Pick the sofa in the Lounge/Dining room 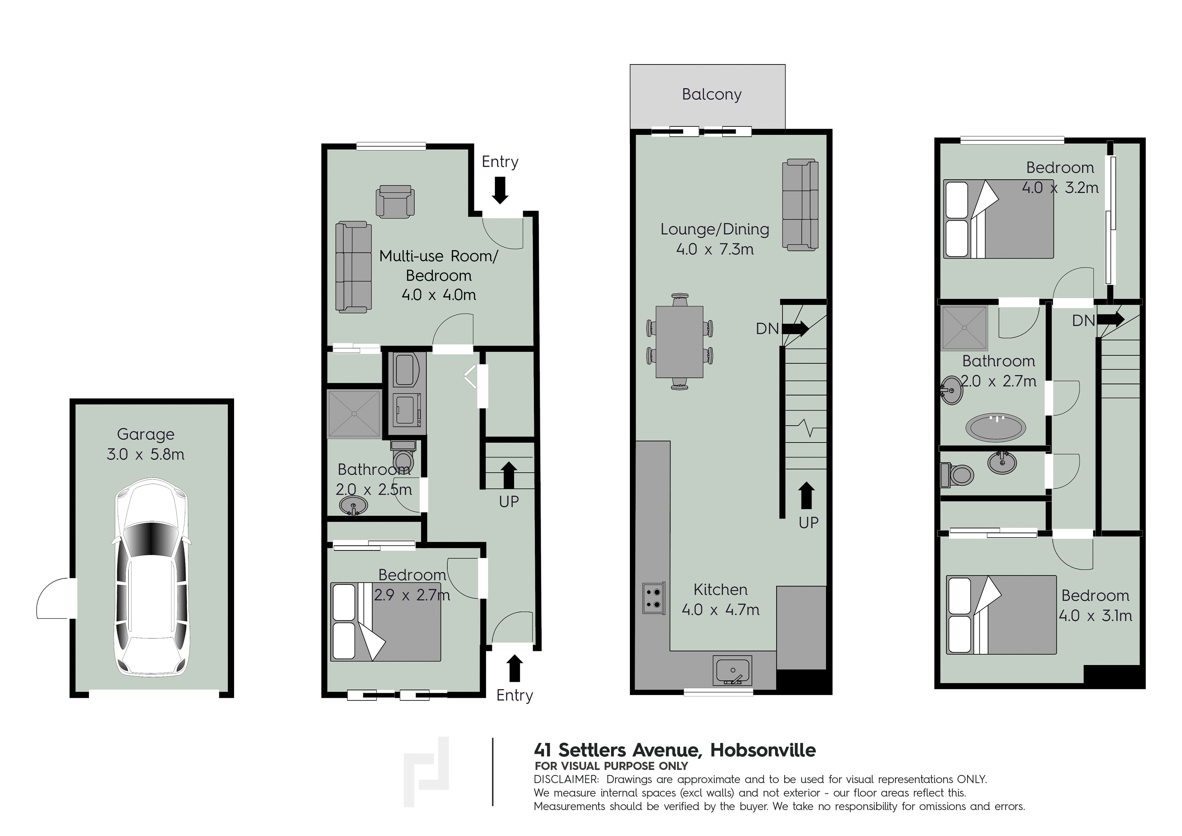click(x=800, y=205)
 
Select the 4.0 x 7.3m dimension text click(x=714, y=249)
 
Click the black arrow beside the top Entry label click(x=500, y=190)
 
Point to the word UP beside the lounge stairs click(x=808, y=522)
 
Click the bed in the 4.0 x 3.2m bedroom click(x=998, y=218)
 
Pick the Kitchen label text click(x=720, y=589)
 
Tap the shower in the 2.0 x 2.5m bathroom click(x=354, y=414)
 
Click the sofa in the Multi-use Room click(x=354, y=267)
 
